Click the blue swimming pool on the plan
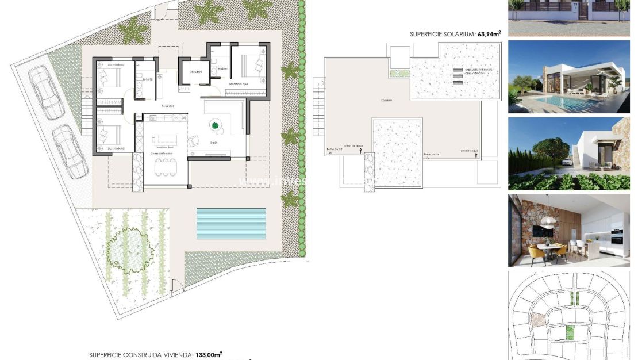click(231, 223)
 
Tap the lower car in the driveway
click(70, 152)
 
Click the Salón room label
click(214, 142)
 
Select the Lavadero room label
click(195, 72)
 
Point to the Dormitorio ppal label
click(239, 84)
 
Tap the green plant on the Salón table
click(216, 126)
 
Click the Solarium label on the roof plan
click(386, 101)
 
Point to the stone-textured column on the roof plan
click(368, 171)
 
